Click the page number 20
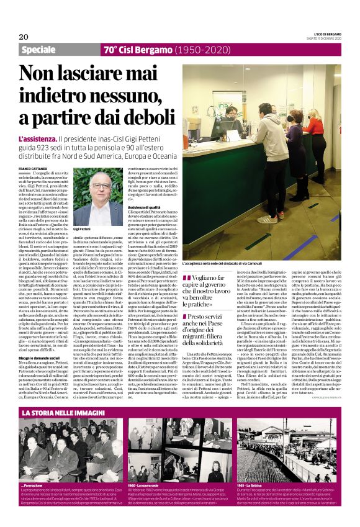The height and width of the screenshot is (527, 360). point(23,36)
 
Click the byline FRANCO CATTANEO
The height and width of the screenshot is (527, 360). point(35,169)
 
